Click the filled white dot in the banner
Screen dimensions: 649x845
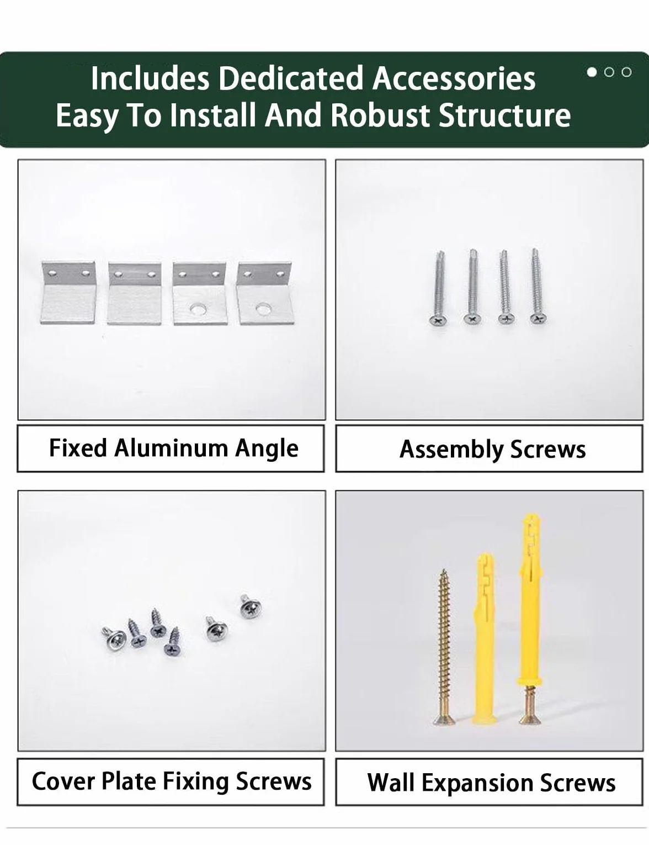click(592, 72)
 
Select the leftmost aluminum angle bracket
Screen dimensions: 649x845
click(68, 293)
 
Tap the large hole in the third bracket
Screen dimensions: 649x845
click(198, 309)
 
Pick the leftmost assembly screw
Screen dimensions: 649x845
click(439, 287)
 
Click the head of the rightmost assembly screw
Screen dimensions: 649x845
click(539, 319)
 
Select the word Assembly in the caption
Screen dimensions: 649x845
click(451, 450)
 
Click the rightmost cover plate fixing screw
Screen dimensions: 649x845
click(250, 606)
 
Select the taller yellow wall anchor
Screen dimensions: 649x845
click(530, 601)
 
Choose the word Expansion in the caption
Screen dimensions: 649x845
click(477, 783)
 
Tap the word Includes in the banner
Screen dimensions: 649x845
click(150, 78)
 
